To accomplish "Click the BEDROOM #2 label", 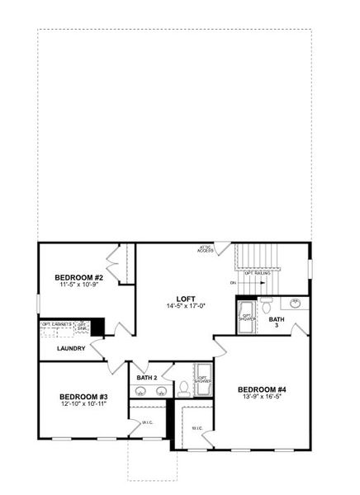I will [x=78, y=277].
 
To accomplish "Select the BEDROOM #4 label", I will [x=262, y=389].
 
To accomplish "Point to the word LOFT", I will [x=186, y=299].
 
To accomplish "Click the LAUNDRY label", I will [x=71, y=348].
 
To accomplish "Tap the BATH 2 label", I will [x=148, y=377].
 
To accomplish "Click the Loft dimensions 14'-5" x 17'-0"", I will [x=186, y=306].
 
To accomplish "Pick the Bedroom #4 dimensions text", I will [x=262, y=397].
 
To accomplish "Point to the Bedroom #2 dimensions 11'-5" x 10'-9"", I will [x=78, y=285].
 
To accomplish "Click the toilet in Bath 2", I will [x=183, y=387].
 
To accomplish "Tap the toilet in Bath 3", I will [x=267, y=304].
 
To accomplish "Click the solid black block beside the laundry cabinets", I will [x=97, y=327].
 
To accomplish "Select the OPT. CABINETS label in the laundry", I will [x=57, y=324].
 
